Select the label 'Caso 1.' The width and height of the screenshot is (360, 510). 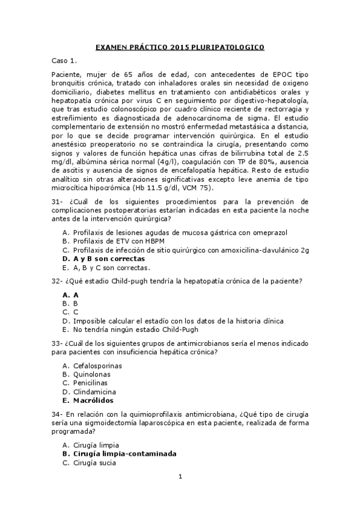coord(64,61)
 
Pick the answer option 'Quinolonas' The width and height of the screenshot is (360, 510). coord(92,373)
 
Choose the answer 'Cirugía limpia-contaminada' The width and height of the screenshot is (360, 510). coord(126,454)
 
